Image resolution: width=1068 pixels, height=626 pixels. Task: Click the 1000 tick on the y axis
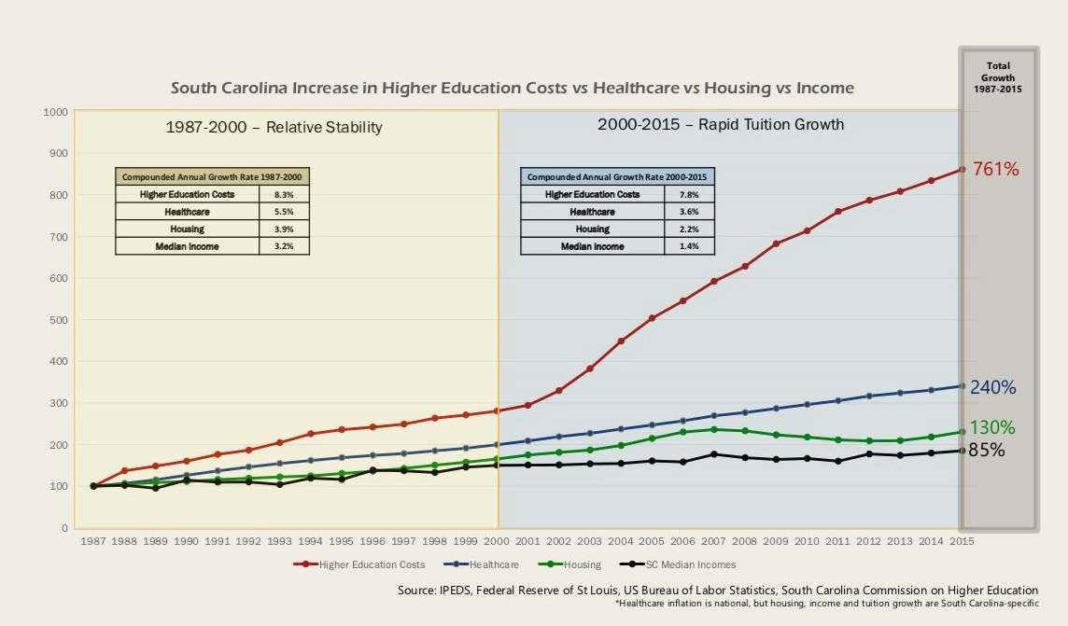pos(55,112)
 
